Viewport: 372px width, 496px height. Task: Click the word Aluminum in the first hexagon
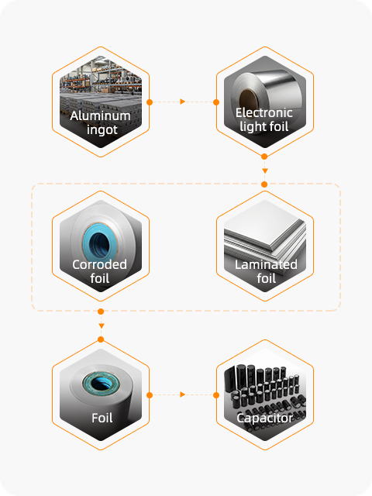[100, 115]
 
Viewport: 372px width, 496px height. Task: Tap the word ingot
[102, 130]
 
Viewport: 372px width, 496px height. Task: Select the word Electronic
[263, 112]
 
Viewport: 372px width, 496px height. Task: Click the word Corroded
[99, 264]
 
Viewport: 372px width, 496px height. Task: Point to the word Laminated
[266, 264]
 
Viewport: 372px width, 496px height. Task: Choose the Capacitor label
[265, 418]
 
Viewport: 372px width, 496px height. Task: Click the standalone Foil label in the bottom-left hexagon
[102, 418]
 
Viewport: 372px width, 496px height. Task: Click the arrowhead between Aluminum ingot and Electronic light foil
[183, 102]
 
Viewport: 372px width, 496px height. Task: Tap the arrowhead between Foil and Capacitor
[183, 394]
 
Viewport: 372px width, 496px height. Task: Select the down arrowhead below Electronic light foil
[265, 170]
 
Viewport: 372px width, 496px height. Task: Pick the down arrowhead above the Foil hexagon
[102, 325]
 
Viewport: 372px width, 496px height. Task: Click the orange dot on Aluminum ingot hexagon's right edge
[150, 102]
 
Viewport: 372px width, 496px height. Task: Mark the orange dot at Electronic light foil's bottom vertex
[264, 157]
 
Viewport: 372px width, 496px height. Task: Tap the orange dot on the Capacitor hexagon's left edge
[216, 395]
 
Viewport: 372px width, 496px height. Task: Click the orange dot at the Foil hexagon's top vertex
[101, 339]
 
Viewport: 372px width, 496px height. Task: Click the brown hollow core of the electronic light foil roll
[249, 99]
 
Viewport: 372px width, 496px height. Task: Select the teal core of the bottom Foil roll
[102, 384]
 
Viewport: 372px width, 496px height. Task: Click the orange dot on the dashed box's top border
[264, 184]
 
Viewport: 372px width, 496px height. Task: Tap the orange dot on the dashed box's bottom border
[101, 312]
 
